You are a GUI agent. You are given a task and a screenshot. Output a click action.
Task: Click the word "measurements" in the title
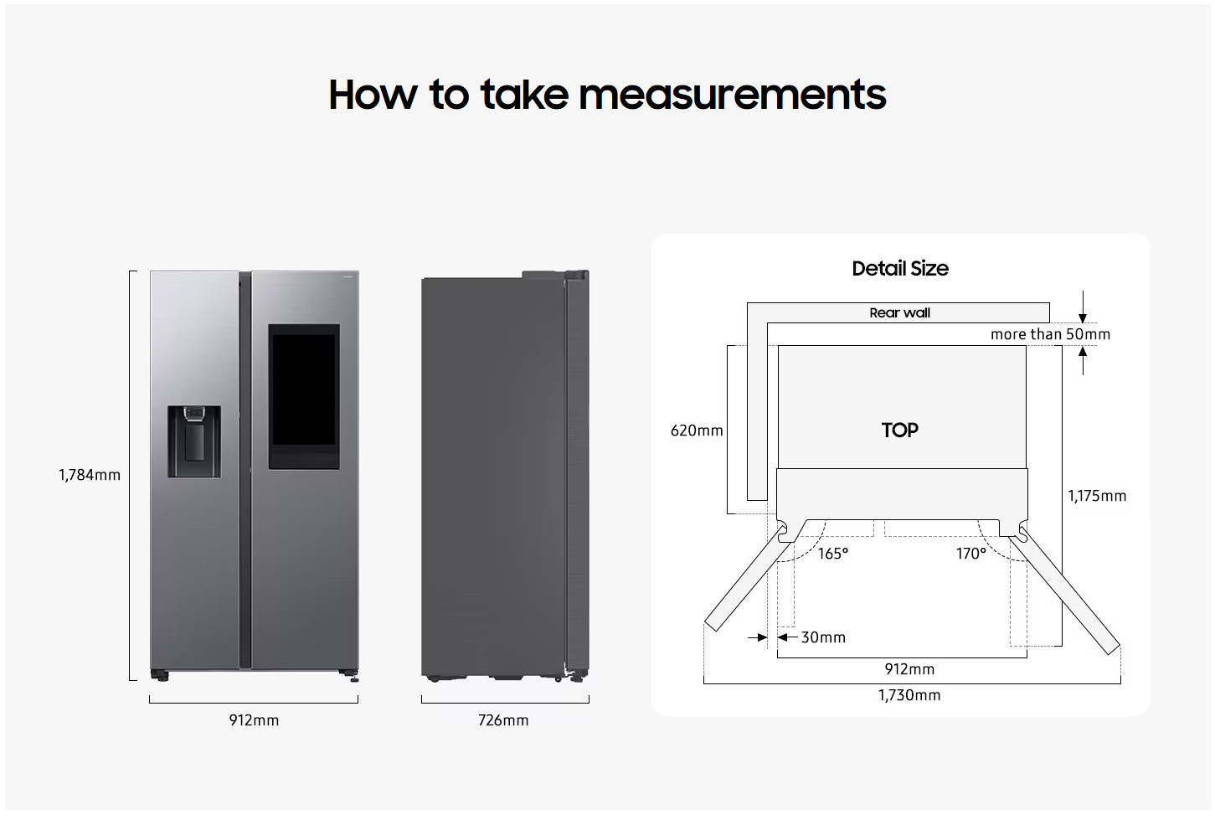732,95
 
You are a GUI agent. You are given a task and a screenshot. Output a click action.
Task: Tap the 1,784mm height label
90,475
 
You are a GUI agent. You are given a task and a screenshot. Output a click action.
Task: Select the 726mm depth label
503,720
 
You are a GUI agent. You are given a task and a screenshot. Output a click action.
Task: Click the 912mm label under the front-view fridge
254,720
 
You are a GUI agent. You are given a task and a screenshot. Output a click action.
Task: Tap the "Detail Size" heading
900,269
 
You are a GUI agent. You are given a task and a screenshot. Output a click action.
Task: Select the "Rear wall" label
899,313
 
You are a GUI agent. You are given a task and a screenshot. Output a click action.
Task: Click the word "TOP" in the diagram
900,431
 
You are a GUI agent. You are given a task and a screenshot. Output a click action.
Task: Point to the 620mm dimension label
697,431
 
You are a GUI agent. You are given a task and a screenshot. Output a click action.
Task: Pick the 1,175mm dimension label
1097,496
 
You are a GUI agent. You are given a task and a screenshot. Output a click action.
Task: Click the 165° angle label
833,554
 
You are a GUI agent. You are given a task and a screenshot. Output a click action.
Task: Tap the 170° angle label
971,554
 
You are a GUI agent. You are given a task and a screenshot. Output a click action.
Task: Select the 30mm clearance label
823,637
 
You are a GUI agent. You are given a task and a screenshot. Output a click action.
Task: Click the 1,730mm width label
909,695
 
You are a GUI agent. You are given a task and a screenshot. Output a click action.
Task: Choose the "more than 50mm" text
1050,334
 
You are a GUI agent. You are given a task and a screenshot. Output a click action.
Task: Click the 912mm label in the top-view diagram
909,669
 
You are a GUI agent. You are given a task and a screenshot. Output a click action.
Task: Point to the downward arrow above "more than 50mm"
1083,307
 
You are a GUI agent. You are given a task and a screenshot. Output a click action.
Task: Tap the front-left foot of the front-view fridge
160,674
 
